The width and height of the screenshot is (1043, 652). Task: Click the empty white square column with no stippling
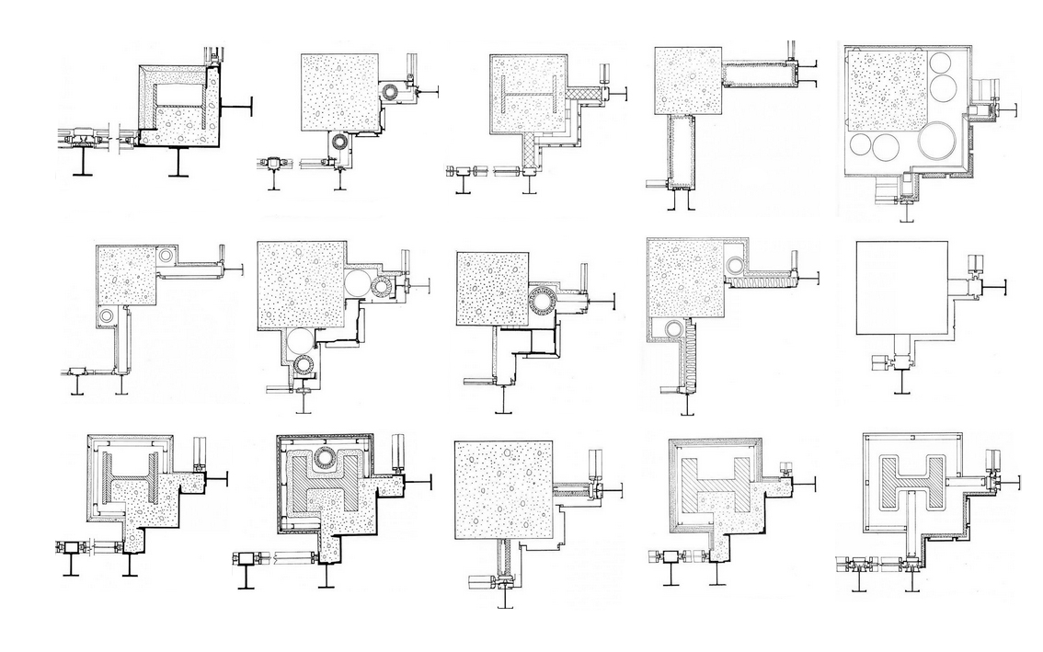click(x=900, y=288)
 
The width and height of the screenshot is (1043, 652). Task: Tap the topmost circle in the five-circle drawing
click(x=942, y=63)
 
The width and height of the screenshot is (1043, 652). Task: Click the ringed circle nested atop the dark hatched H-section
click(x=324, y=457)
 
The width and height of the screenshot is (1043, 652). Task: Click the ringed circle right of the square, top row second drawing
click(x=395, y=92)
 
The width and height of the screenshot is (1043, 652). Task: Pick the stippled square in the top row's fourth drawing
click(x=687, y=81)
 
